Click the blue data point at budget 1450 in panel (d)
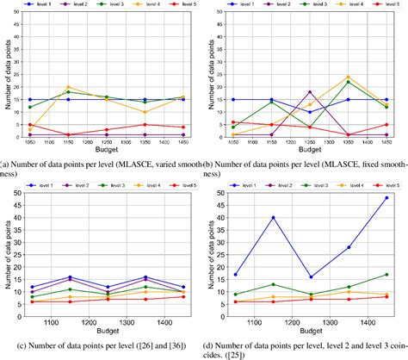tap(386, 197)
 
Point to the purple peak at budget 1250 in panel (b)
tap(310, 92)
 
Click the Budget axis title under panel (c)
tap(107, 332)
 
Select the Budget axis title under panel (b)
tap(310, 153)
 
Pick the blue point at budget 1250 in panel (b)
tap(310, 112)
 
